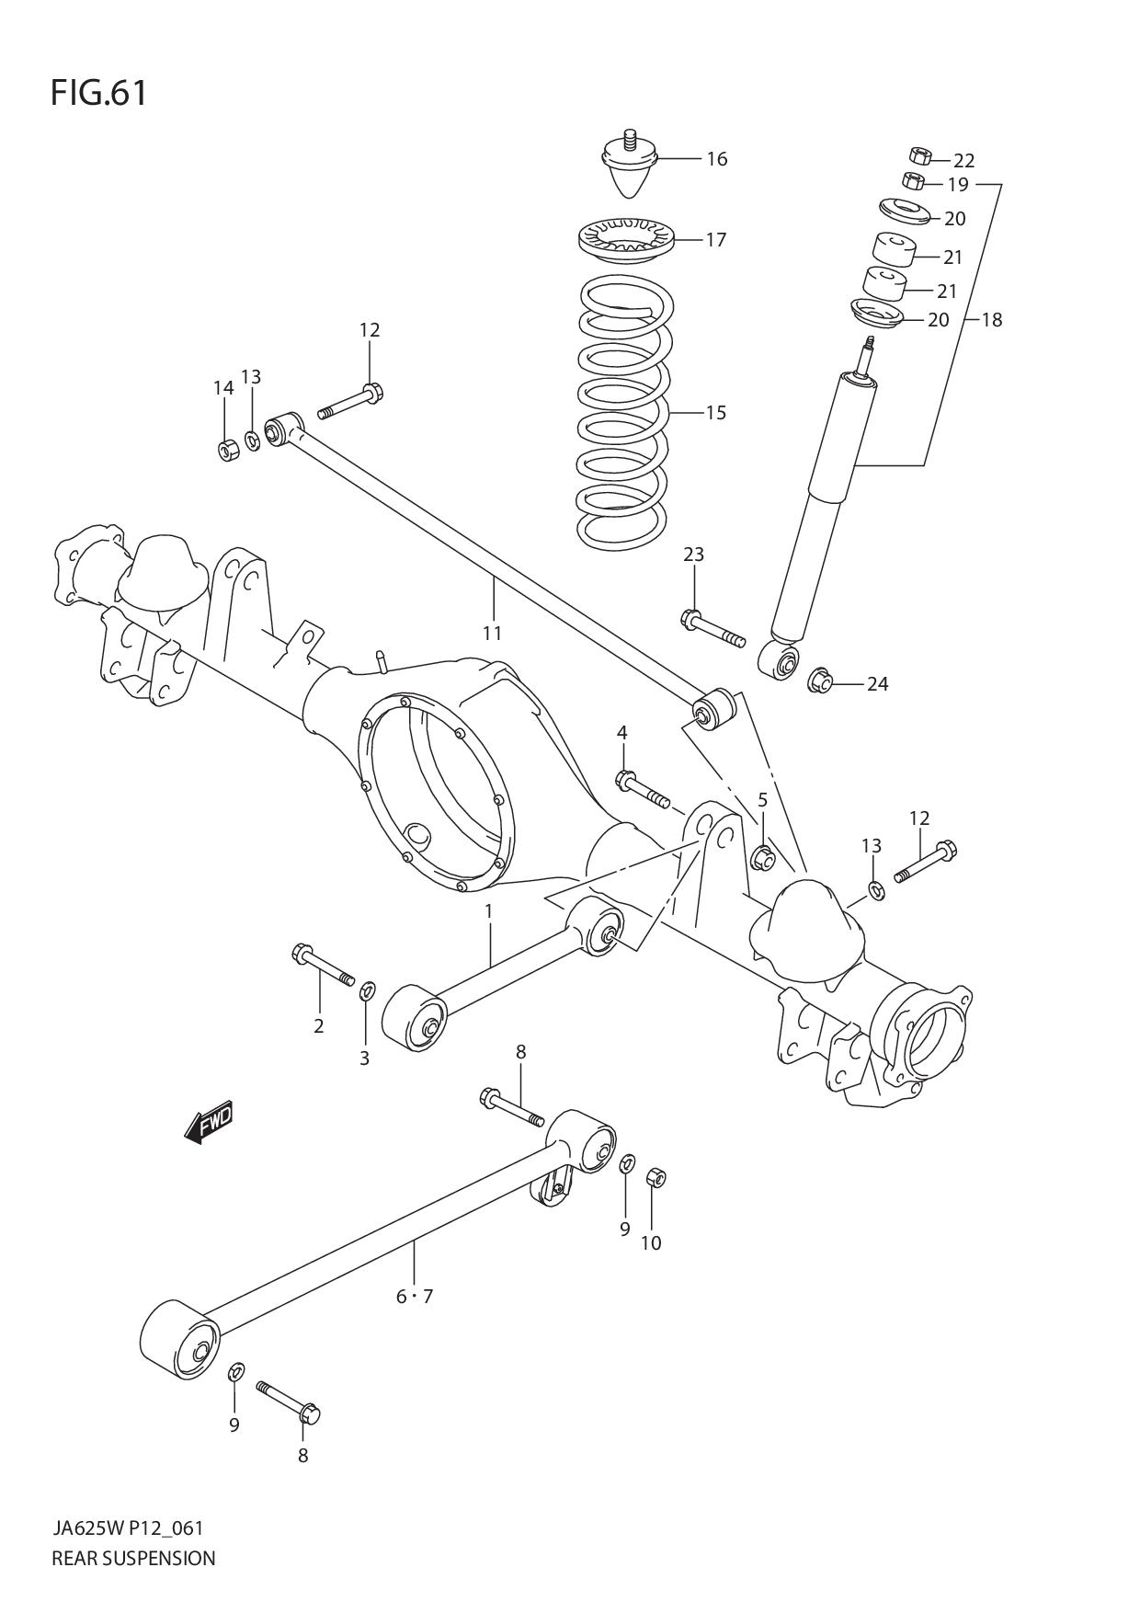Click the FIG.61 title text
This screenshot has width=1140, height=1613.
(x=98, y=94)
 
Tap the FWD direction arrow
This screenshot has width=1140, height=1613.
(x=209, y=1122)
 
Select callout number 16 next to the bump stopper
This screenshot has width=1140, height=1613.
(x=716, y=159)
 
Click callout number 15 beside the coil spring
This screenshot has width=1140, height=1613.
(x=715, y=412)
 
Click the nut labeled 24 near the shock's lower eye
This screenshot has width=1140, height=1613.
(x=820, y=682)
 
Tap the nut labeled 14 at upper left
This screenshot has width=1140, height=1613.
(x=228, y=450)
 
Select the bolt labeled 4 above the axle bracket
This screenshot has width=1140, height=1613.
(x=643, y=789)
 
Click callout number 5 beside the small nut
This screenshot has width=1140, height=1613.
(x=762, y=800)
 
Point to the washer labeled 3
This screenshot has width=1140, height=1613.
(x=367, y=990)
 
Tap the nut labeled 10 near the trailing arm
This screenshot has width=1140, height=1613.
(x=656, y=1177)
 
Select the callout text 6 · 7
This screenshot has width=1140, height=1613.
(x=414, y=1297)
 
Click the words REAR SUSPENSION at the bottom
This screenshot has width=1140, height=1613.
(x=133, y=1558)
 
